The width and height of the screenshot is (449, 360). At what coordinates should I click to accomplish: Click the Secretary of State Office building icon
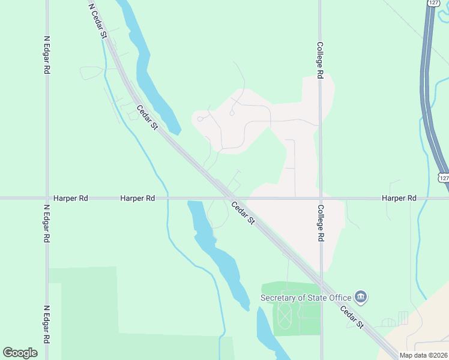click(361, 296)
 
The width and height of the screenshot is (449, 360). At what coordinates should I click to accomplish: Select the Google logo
click(20, 352)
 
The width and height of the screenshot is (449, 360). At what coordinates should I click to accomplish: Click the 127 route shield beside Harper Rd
click(443, 178)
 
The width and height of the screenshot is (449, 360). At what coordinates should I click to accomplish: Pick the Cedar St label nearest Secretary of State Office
click(352, 317)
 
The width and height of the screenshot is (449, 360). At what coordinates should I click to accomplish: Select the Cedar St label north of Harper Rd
click(147, 118)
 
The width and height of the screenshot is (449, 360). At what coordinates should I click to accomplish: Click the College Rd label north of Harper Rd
click(321, 60)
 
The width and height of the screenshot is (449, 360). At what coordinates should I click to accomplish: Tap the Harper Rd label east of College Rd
click(399, 198)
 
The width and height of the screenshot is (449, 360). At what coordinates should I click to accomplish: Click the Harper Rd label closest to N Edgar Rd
click(70, 198)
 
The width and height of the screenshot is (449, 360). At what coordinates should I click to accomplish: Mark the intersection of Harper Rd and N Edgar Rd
click(47, 198)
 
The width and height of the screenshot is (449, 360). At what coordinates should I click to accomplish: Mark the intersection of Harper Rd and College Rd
click(321, 198)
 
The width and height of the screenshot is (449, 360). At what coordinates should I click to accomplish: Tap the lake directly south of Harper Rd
click(219, 252)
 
